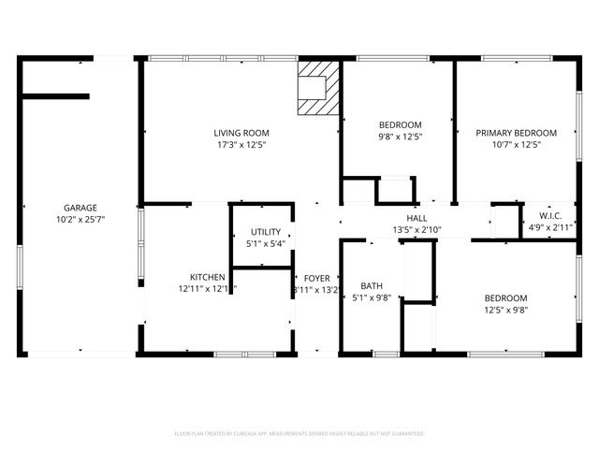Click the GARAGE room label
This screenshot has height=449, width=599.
click(x=80, y=208)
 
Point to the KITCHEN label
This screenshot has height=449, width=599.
click(x=207, y=277)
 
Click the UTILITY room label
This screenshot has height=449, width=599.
click(x=264, y=232)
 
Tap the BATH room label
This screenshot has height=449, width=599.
click(x=372, y=286)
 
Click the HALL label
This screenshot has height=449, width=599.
click(x=416, y=217)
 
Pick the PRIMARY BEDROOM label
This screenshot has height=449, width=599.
click(x=516, y=133)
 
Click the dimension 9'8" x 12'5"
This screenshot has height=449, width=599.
click(x=400, y=137)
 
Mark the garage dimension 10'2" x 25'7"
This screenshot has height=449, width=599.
click(x=80, y=220)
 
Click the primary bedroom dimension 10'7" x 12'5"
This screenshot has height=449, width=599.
click(x=516, y=145)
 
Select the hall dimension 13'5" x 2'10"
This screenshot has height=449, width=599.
click(x=416, y=229)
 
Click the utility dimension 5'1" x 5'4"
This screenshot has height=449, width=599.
click(x=264, y=244)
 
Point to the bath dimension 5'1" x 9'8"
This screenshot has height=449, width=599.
click(x=372, y=298)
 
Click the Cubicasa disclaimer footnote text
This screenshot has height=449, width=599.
click(x=299, y=434)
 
